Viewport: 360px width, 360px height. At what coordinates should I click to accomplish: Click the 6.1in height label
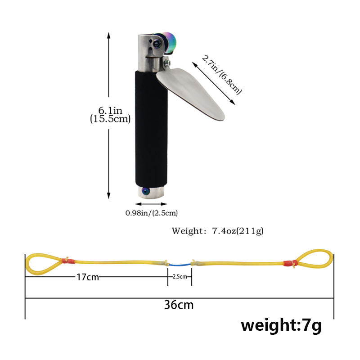tap(110, 110)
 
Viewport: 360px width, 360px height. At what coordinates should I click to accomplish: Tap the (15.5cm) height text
tap(110, 119)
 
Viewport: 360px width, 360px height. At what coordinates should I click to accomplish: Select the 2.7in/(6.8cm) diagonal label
tap(222, 75)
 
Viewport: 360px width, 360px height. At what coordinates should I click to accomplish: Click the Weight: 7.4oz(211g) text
tap(217, 231)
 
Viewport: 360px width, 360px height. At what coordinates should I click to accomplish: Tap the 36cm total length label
tap(179, 305)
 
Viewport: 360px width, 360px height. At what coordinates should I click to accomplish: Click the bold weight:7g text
tap(281, 324)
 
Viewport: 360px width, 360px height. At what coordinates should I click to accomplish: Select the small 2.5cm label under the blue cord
tap(180, 277)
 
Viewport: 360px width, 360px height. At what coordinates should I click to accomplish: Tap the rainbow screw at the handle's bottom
tap(145, 192)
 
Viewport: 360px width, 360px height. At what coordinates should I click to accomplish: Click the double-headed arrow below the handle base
tap(151, 204)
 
